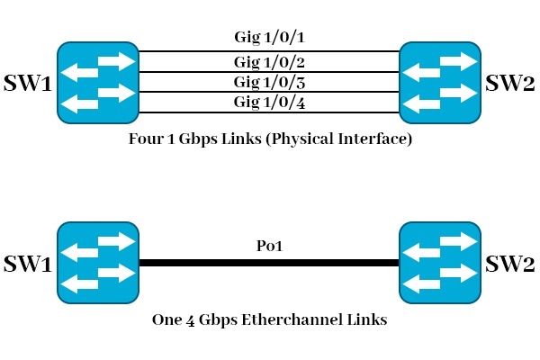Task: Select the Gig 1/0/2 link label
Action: tap(268, 62)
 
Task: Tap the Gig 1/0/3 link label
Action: tap(268, 82)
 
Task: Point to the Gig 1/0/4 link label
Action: tap(268, 102)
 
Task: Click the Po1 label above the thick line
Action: tap(269, 247)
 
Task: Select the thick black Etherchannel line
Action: tap(268, 264)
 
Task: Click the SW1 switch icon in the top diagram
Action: tap(97, 81)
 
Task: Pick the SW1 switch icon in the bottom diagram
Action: tap(97, 264)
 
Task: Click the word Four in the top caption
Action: tap(147, 141)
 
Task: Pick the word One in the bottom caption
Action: tap(166, 320)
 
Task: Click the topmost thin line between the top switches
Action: tap(268, 51)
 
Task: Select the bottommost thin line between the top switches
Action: tap(268, 112)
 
